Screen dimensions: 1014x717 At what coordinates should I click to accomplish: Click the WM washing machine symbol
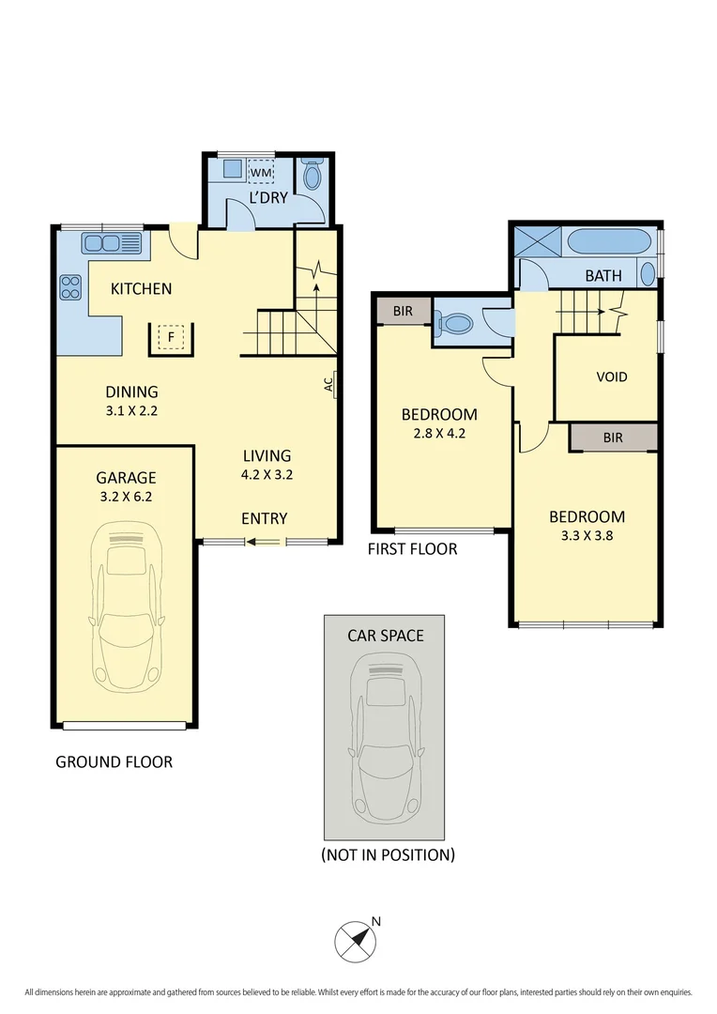(260, 172)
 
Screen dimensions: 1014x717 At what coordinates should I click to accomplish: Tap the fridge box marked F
(172, 336)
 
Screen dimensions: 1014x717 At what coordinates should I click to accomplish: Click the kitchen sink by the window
(112, 243)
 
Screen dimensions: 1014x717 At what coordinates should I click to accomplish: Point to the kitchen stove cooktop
(70, 285)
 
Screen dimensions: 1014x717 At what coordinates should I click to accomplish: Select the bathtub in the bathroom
(609, 241)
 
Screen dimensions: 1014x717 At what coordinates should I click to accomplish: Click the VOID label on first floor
(611, 376)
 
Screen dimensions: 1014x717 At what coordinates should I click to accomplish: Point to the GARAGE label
(125, 477)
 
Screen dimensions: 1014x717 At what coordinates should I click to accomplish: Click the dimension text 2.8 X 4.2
(438, 434)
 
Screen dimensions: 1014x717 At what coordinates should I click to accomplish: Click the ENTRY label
(264, 518)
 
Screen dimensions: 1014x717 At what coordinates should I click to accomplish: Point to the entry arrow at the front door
(262, 541)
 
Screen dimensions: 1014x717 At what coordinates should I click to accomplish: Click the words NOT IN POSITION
(388, 854)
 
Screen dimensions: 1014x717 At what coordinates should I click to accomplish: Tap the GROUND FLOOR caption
(114, 761)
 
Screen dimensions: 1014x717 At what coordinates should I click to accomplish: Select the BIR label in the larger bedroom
(613, 438)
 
